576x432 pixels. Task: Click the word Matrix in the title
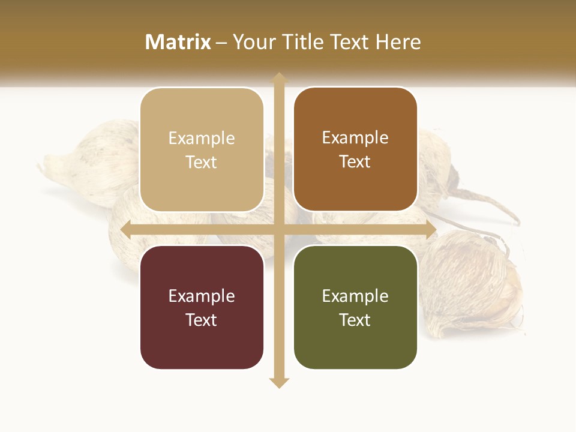178,42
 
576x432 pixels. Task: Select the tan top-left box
202,150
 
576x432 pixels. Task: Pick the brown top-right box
355,149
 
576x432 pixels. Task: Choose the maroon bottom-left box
202,307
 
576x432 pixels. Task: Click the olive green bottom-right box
355,307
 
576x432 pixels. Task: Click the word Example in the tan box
202,139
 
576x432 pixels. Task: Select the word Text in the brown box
355,162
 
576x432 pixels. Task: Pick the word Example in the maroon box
202,296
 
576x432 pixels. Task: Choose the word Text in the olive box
355,320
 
